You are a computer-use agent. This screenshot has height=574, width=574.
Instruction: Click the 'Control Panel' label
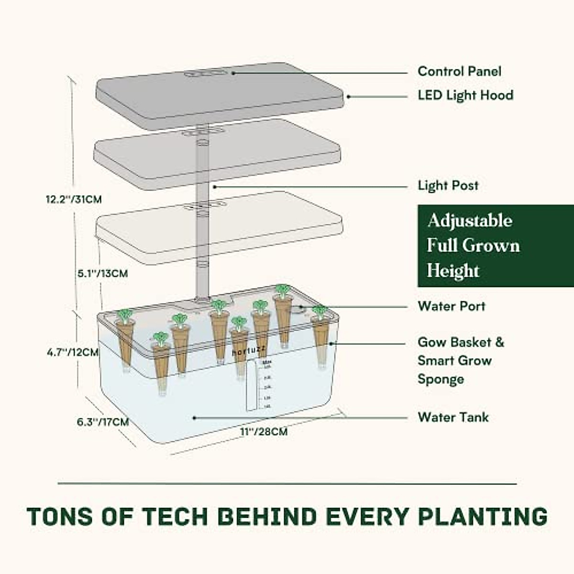coord(459,71)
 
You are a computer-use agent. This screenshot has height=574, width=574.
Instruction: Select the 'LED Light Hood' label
coord(465,95)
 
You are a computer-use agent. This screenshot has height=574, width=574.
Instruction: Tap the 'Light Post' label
coord(448,185)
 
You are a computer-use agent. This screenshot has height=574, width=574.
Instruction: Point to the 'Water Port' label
coord(451,306)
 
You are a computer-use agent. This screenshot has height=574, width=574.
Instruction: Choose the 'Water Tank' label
coord(453,417)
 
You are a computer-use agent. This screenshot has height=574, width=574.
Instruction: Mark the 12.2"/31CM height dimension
coord(74,199)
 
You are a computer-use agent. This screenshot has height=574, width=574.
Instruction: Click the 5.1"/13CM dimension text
coord(103,274)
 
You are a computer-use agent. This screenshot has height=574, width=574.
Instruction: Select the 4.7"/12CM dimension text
coord(73,353)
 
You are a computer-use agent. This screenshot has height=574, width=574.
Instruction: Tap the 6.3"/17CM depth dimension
coord(103,422)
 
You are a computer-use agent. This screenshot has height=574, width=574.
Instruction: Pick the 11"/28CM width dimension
coord(264,431)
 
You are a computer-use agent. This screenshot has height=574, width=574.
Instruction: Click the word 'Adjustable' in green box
coord(470,221)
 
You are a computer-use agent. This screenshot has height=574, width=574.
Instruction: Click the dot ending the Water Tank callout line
coord(194,418)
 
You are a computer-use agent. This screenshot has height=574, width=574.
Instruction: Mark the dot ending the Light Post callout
coord(215,186)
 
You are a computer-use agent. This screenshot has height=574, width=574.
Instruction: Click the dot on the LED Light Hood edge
coord(348,96)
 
